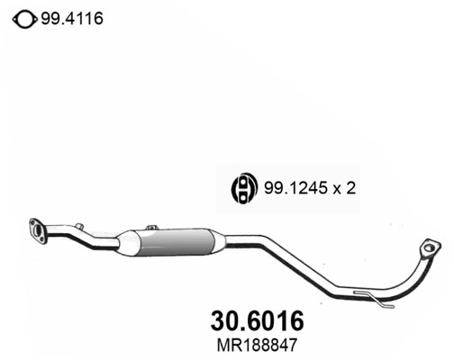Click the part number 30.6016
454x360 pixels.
257,319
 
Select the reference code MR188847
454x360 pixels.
257,344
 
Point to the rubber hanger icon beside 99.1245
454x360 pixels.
243,187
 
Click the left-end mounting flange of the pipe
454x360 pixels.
38,229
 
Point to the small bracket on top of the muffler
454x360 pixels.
152,229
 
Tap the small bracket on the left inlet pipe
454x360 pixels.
79,228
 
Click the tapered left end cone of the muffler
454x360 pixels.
128,243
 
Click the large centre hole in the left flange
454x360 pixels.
39,229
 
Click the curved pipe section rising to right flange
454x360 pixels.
418,274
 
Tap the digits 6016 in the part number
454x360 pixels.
275,319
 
